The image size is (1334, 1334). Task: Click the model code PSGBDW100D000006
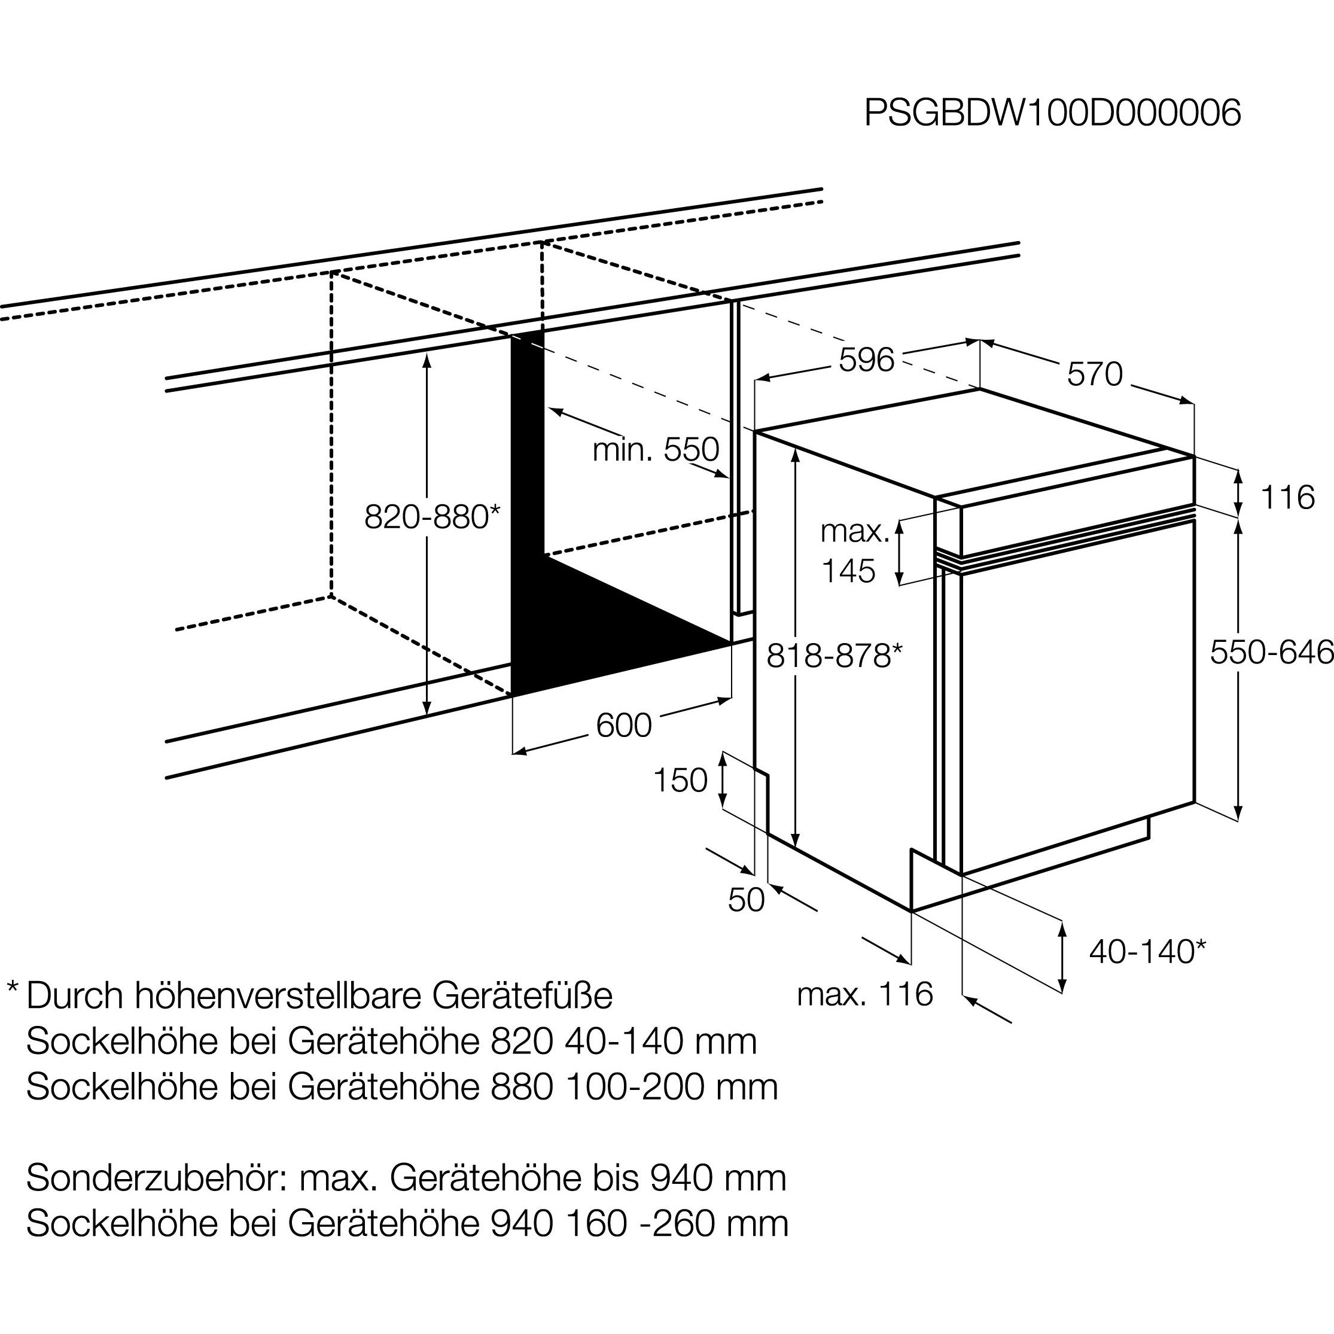click(1052, 112)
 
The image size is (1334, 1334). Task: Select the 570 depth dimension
click(1095, 375)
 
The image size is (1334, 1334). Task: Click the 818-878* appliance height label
click(834, 656)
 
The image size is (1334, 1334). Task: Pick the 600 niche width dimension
click(623, 726)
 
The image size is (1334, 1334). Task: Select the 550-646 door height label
click(1271, 653)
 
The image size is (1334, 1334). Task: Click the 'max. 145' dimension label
click(854, 552)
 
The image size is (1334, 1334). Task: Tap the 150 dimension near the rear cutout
click(680, 780)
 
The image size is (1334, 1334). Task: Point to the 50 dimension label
click(747, 900)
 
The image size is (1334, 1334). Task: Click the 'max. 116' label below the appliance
click(864, 994)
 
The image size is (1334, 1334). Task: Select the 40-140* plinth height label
click(1147, 952)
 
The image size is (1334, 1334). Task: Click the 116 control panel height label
click(1287, 497)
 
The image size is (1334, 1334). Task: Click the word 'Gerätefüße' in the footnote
click(523, 995)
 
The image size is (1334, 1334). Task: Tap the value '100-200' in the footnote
click(635, 1087)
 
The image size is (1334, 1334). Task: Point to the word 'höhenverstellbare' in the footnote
click(278, 995)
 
